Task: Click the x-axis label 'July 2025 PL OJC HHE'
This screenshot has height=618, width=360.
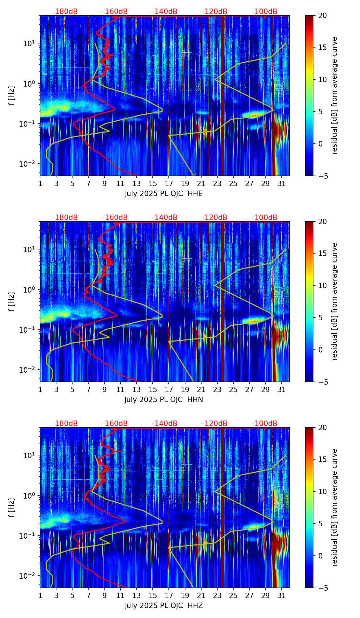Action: coord(164,194)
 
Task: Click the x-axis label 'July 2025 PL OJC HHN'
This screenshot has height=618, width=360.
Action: coord(164,400)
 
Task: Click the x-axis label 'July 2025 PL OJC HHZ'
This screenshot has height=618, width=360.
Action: coord(164,606)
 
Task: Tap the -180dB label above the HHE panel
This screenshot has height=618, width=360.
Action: coord(65,12)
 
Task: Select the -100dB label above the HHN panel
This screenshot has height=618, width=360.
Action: coord(265,218)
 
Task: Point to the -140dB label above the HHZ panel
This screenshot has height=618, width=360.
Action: coord(165,424)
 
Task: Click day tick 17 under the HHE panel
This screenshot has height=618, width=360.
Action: coord(169,183)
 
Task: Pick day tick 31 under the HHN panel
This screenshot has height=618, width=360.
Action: coord(281,389)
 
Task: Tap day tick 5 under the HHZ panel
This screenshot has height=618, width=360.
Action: coord(72,595)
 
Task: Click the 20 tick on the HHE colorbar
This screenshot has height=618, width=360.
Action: coord(322,15)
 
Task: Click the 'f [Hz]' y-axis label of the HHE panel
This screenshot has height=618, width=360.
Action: coord(12,95)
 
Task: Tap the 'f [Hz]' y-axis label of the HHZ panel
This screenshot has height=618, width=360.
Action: coord(12,507)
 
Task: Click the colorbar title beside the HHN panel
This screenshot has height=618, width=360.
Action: coord(335,301)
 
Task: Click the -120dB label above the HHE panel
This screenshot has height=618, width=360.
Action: coord(215,12)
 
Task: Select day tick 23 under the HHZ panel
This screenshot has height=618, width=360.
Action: coord(217,595)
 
